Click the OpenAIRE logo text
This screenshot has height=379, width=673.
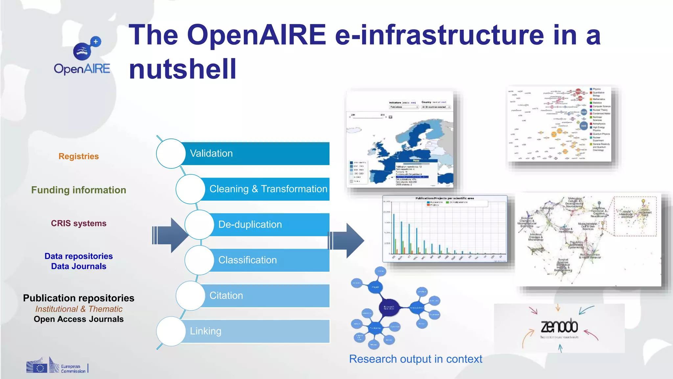[82, 69]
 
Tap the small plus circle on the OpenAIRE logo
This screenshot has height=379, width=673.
[96, 42]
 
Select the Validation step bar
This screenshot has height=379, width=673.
[256, 154]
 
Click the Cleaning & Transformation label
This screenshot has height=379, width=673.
[268, 189]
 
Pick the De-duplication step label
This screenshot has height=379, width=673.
[250, 225]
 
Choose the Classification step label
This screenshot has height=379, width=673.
[247, 260]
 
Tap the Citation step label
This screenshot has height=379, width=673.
[226, 296]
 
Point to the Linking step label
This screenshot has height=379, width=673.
[205, 331]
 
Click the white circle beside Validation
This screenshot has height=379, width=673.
[171, 154]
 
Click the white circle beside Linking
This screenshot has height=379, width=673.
[171, 331]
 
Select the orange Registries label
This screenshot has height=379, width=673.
[79, 156]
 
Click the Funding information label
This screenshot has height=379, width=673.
[79, 190]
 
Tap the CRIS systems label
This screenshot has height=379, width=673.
[79, 223]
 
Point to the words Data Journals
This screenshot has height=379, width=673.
[79, 266]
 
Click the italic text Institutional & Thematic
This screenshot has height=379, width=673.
[79, 309]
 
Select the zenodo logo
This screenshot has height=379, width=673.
[559, 327]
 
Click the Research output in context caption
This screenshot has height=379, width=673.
[415, 359]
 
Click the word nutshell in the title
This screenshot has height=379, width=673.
[182, 69]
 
